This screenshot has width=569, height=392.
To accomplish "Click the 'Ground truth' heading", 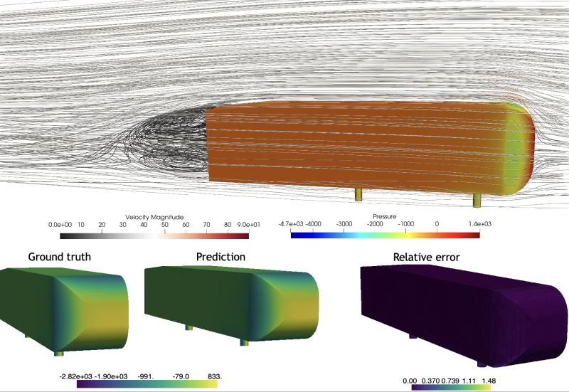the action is click(60, 257).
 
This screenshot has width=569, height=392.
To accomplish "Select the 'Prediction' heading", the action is click(220, 257).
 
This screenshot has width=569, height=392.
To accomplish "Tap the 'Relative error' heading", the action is click(426, 258).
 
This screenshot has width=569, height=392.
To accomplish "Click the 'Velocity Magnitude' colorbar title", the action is click(154, 217).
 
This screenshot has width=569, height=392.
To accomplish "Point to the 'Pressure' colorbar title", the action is click(384, 216).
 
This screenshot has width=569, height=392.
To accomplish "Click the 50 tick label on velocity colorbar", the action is click(165, 225).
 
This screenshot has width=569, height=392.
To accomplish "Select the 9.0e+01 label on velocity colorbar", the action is click(248, 225).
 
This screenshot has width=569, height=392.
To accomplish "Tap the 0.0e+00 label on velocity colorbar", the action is click(60, 225).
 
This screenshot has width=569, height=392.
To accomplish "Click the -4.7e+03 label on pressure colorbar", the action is click(291, 224).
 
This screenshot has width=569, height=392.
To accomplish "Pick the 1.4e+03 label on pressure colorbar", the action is click(479, 224).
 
